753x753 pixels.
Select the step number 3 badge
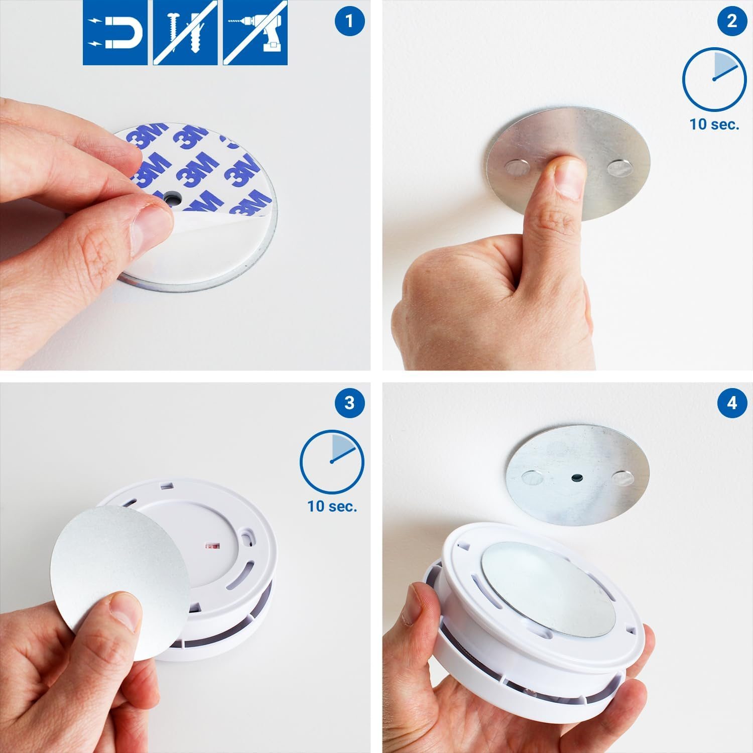click(349, 403)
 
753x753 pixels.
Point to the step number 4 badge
click(732, 403)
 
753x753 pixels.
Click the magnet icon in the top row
click(115, 33)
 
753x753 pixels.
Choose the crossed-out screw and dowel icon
click(185, 33)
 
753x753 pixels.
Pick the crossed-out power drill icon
click(256, 33)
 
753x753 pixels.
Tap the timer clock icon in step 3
click(332, 461)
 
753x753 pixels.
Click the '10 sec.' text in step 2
click(714, 124)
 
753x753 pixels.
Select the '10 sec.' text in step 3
click(332, 506)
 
